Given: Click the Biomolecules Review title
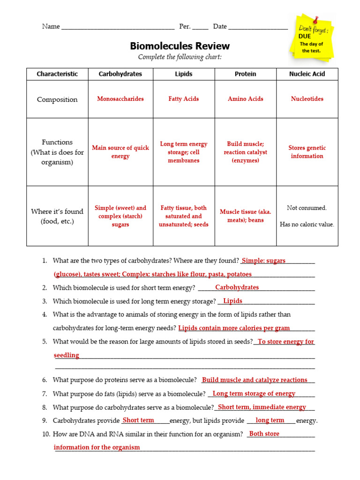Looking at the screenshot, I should click(180, 46).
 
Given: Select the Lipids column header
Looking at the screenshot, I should click(184, 74).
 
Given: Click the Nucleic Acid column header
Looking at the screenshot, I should click(307, 74).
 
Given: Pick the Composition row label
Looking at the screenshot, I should click(57, 99).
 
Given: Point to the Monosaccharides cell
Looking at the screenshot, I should click(120, 99).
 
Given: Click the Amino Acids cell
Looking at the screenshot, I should click(246, 99).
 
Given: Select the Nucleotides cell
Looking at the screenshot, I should click(307, 99).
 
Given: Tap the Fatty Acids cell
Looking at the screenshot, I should click(184, 99).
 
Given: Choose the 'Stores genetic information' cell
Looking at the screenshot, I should click(307, 152).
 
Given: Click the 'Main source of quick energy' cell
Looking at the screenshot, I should click(120, 152).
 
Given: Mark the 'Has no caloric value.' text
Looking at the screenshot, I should click(307, 225).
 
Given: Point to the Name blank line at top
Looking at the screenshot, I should click(118, 27).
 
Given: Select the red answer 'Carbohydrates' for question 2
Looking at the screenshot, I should click(237, 287).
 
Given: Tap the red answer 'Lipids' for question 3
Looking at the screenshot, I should click(232, 301).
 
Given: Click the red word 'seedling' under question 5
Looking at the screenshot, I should click(67, 355).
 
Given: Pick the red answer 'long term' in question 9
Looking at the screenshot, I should click(270, 420).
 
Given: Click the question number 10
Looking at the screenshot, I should click(46, 434).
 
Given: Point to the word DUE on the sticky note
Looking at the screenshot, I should click(305, 36).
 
